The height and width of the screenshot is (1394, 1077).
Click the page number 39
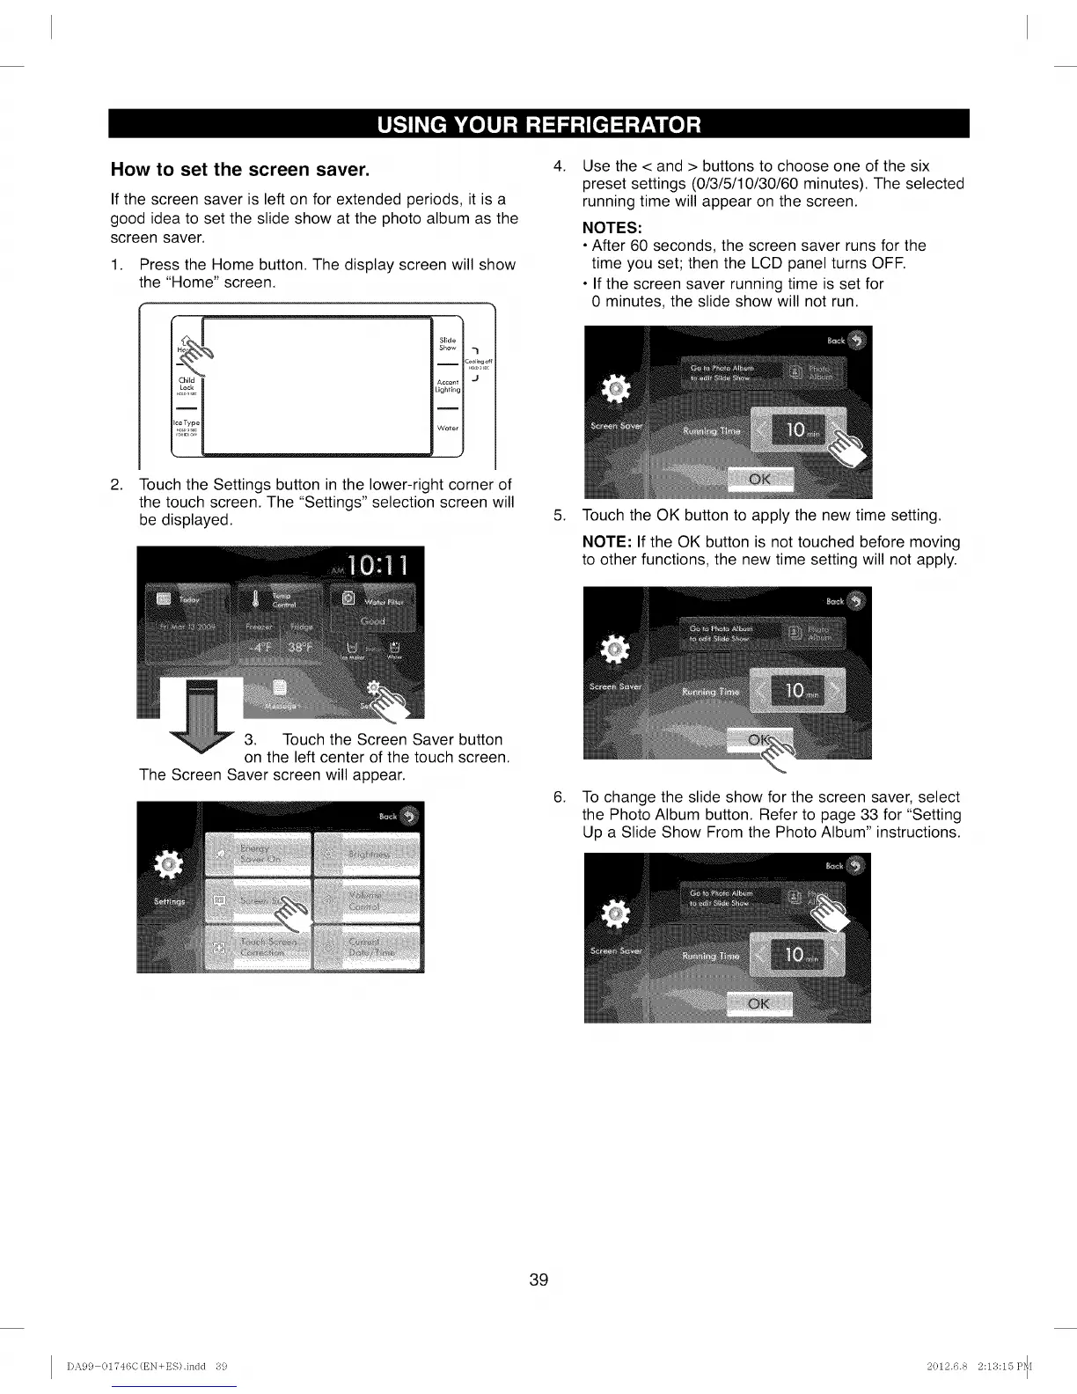(538, 1280)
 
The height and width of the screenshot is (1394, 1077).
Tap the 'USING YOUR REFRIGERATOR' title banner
(538, 124)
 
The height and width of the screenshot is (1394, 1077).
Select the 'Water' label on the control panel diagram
(448, 429)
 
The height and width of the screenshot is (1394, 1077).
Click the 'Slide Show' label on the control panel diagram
(448, 343)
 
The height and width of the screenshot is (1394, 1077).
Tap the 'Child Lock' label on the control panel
(187, 385)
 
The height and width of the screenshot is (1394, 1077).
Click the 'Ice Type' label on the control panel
(187, 425)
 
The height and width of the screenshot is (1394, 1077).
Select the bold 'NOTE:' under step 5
(607, 542)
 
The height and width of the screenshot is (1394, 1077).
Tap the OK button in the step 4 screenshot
(759, 480)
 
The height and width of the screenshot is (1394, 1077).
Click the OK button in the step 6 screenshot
(758, 1004)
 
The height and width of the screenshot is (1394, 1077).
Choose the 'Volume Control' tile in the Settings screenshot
(368, 900)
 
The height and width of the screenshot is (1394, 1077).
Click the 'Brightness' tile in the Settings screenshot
(368, 854)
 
